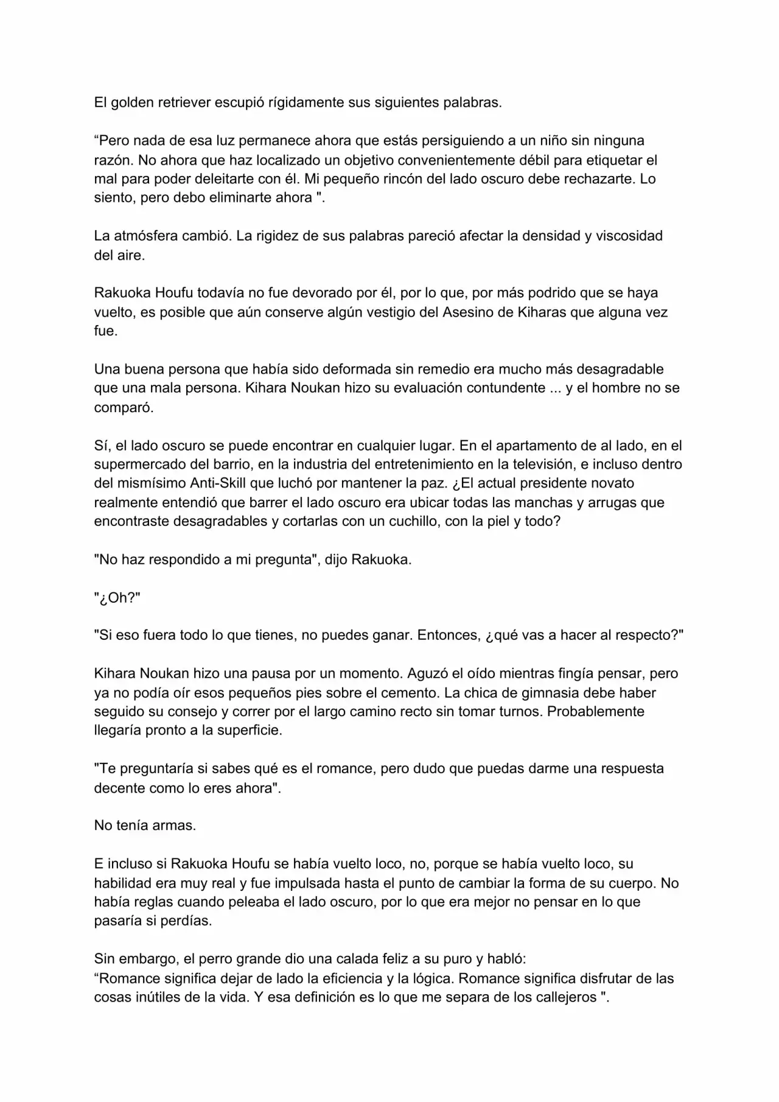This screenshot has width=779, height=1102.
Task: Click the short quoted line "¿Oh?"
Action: [x=117, y=598]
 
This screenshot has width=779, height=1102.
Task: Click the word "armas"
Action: [x=176, y=826]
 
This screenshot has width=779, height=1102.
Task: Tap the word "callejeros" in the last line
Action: [x=563, y=997]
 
